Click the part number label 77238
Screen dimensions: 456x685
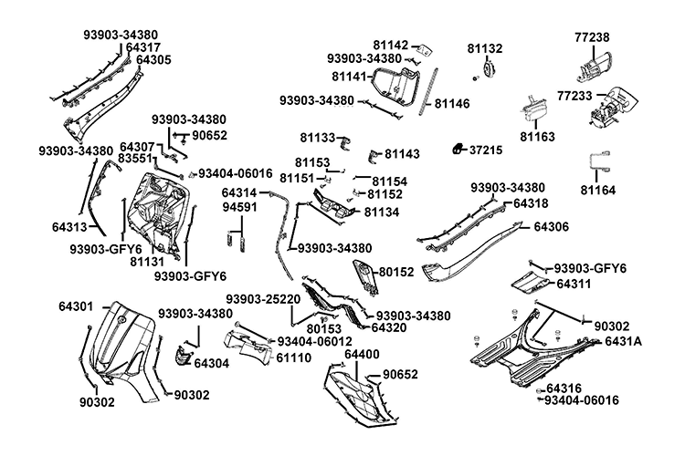click(592, 36)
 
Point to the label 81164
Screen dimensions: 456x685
click(598, 190)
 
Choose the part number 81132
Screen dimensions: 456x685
click(485, 47)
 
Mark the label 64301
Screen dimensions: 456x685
click(77, 306)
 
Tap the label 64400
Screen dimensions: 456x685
click(362, 353)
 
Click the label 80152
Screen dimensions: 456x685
click(395, 272)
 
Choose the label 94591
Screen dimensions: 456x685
click(240, 208)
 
